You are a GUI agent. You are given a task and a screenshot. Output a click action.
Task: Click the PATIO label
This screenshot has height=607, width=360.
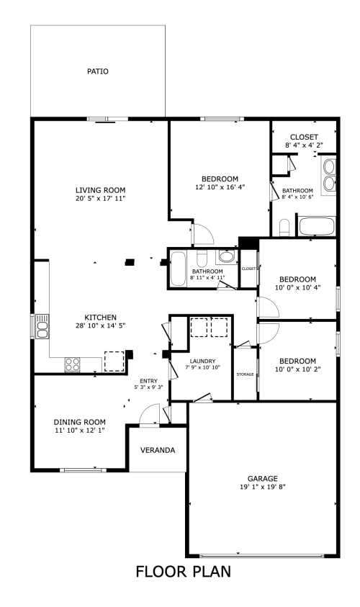(97, 71)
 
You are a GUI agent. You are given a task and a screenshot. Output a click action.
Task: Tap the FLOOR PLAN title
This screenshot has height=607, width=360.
(184, 572)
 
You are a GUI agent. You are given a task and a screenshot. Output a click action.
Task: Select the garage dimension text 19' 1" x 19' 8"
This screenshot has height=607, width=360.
(263, 487)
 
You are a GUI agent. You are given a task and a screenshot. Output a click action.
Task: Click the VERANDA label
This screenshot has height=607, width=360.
(158, 450)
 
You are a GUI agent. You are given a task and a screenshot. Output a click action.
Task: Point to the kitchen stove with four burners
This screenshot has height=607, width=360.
(73, 364)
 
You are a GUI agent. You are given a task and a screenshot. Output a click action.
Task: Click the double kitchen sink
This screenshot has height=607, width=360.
(42, 327)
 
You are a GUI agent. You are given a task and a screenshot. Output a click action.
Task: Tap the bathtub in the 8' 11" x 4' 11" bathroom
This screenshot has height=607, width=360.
(178, 269)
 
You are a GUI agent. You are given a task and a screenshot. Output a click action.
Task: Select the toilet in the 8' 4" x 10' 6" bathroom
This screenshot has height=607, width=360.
(284, 228)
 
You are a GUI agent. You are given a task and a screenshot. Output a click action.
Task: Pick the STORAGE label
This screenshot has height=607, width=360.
(245, 374)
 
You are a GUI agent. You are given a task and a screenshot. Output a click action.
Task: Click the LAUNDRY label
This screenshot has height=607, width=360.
(202, 361)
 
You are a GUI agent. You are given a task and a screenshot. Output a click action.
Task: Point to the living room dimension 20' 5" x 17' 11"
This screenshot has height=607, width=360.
(100, 199)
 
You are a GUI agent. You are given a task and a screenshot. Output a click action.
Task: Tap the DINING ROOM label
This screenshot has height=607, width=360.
(79, 422)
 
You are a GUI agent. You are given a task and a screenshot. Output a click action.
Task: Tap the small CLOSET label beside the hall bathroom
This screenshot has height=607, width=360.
(248, 269)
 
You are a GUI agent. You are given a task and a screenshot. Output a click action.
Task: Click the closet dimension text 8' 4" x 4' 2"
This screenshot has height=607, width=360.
(304, 145)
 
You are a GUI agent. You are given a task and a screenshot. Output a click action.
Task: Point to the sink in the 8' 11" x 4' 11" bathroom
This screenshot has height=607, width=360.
(227, 256)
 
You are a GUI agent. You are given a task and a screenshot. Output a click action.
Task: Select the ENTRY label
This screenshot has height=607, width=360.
(148, 381)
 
